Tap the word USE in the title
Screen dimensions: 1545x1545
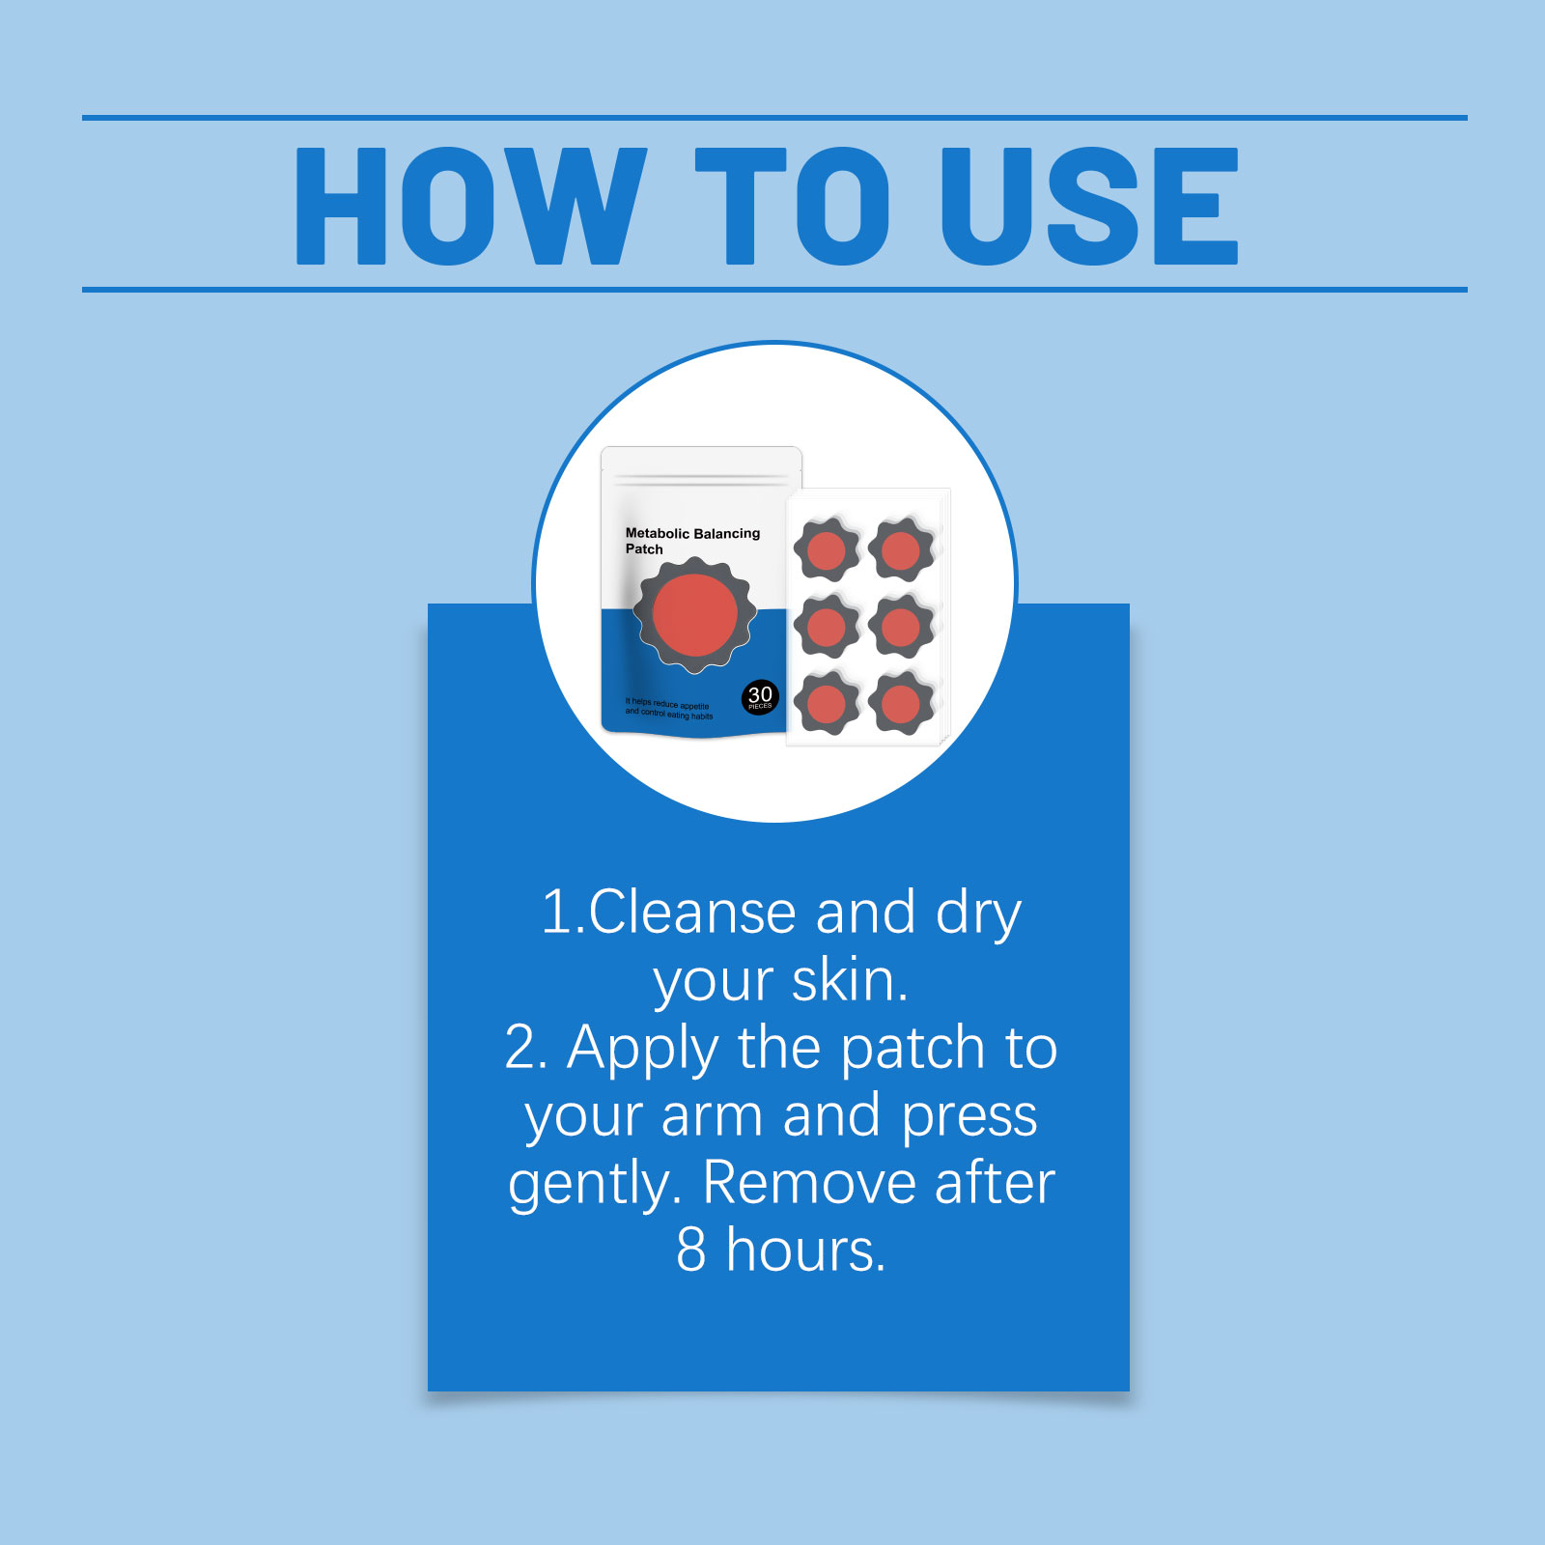point(1090,206)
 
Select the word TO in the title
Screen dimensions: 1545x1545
point(792,206)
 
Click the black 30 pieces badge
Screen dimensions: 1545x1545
point(760,697)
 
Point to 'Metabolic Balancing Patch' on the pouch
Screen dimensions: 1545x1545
point(692,541)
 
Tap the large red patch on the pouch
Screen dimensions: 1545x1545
point(694,615)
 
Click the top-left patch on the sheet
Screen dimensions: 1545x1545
point(827,549)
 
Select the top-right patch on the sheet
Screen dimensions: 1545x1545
point(901,549)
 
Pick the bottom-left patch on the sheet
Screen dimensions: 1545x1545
point(827,703)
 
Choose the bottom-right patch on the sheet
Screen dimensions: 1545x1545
point(901,703)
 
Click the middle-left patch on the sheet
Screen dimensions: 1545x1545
point(827,627)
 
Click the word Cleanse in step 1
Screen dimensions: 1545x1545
point(691,912)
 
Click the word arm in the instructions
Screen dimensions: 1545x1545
point(713,1116)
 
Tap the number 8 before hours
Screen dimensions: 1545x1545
point(691,1250)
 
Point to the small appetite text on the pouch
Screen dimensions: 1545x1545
point(668,709)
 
